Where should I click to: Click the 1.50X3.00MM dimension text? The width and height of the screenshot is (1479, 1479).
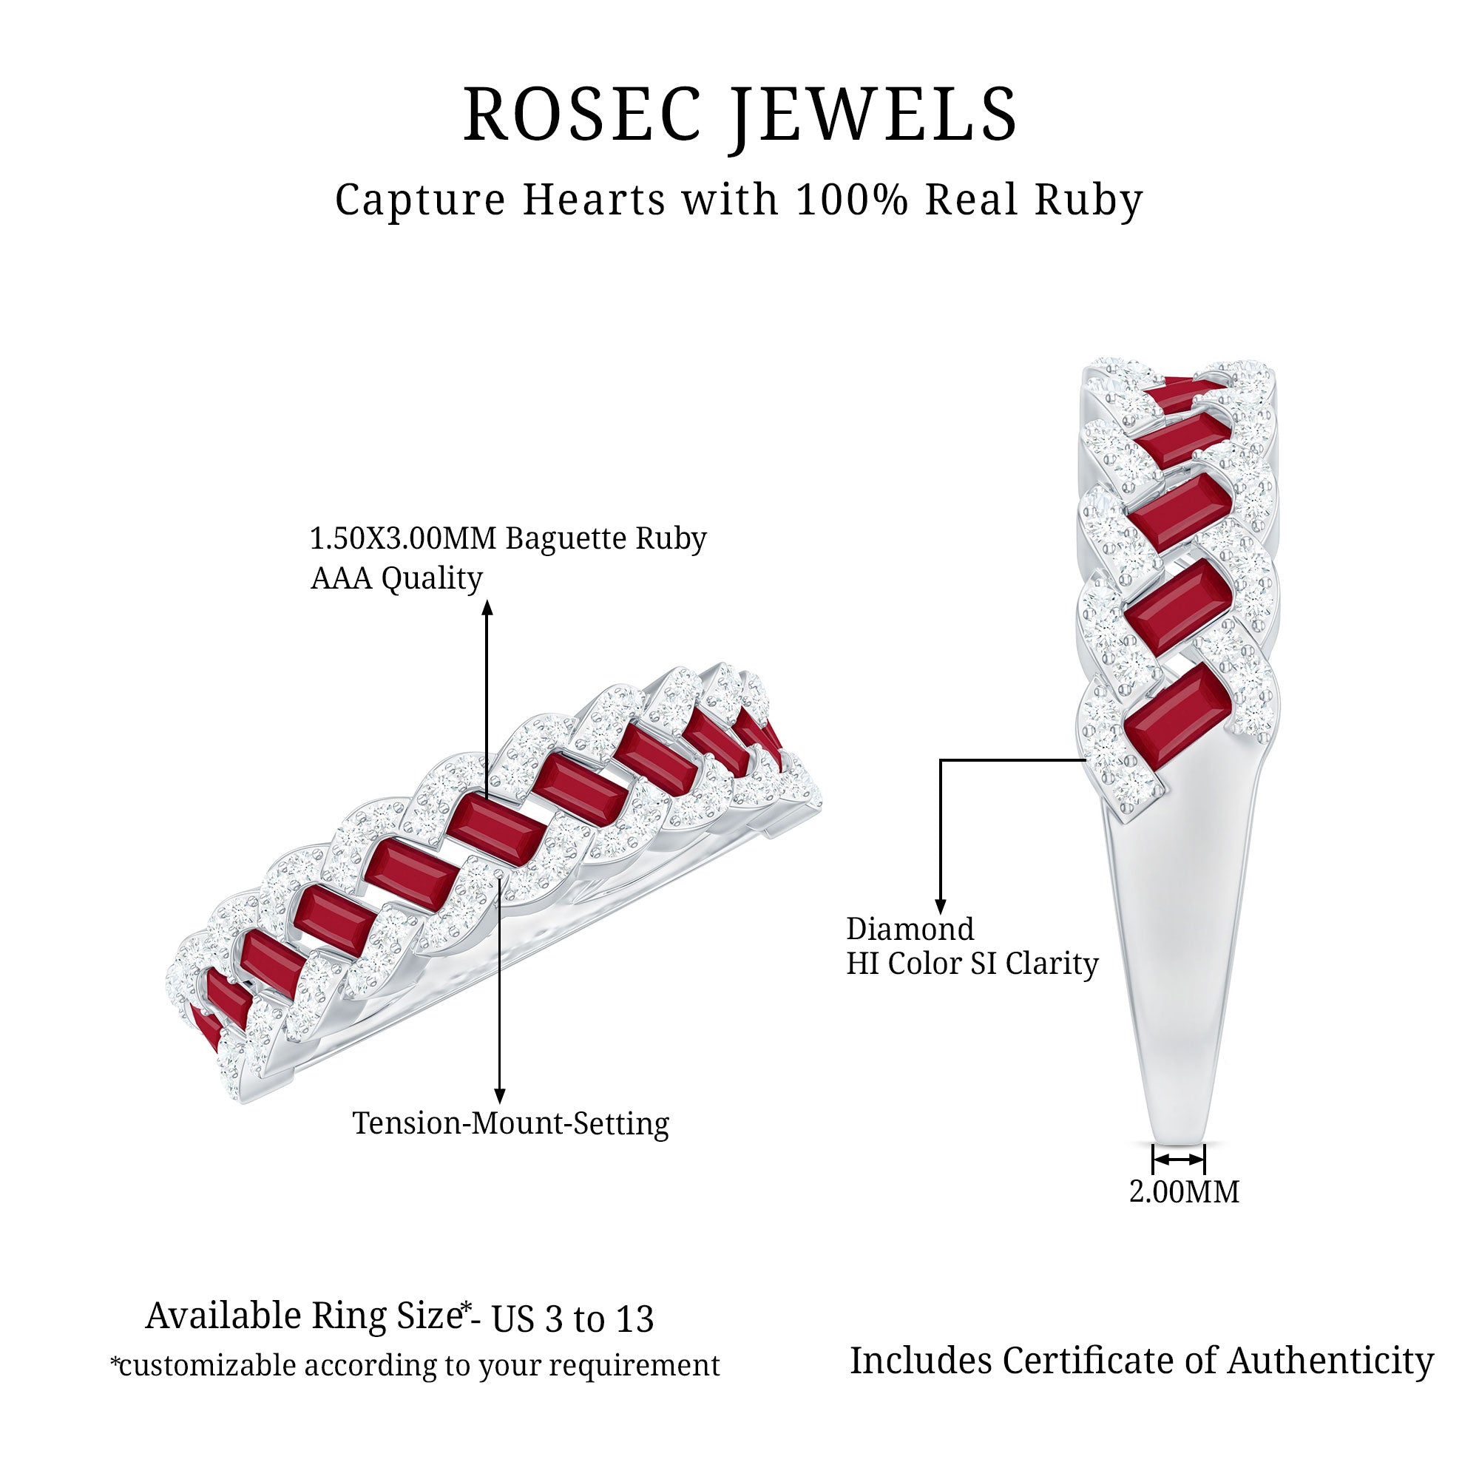(x=403, y=539)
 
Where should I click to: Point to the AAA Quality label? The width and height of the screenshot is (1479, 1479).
(x=396, y=579)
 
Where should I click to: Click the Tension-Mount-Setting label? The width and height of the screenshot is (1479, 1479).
(x=510, y=1123)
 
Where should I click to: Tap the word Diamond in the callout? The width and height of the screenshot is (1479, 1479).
(x=910, y=929)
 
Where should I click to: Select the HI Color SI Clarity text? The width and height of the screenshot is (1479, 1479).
(x=972, y=963)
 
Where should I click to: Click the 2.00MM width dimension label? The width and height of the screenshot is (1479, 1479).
(x=1183, y=1192)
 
